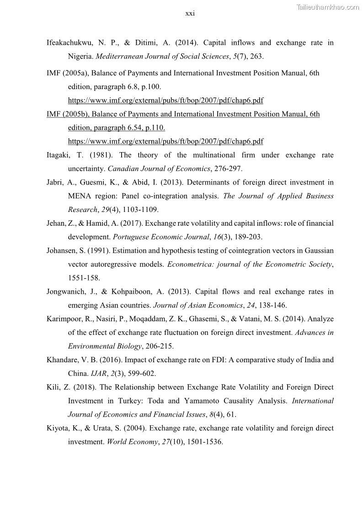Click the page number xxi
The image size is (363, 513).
point(190,13)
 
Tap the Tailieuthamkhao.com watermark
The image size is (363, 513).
point(328,7)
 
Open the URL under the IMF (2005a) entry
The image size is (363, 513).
point(165,100)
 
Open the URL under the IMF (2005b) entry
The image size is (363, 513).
point(165,142)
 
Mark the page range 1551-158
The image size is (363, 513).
point(84,278)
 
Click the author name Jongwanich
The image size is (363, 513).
point(66,292)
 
